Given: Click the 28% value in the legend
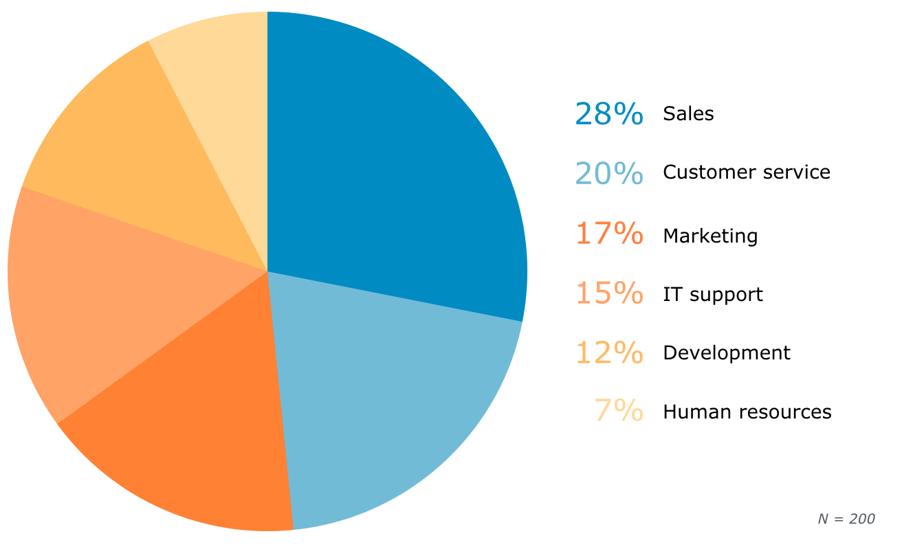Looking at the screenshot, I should pos(609,114).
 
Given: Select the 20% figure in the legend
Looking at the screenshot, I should pos(609,173).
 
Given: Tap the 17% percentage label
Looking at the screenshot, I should pos(609,234).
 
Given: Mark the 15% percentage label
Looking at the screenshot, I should pos(609,293).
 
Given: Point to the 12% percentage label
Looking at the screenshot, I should pos(609,353).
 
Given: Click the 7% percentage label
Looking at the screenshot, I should pos(619,411).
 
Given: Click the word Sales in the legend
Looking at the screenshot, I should pos(688,114).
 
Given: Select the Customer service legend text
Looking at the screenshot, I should pos(747,172).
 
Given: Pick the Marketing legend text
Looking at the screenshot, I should pos(710,236).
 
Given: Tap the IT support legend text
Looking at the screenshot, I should pos(713,295).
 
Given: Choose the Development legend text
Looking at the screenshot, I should pos(727,353).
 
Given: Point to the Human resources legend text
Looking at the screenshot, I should pos(747,412).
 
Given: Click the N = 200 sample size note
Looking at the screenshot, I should pos(846,520).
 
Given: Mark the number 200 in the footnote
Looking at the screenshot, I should pos(862,520).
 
